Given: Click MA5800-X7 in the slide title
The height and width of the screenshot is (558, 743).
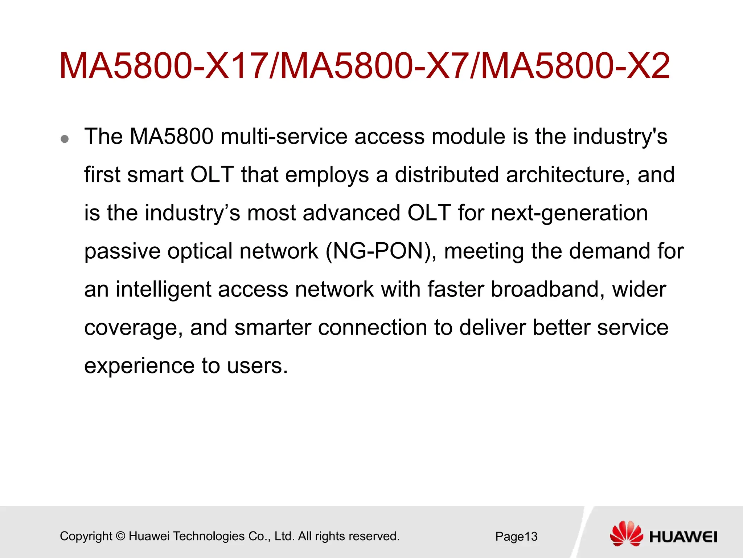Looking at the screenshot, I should (374, 66).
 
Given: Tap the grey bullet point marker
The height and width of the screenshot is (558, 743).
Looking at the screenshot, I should (65, 139).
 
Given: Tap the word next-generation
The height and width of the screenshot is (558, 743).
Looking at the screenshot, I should (569, 214).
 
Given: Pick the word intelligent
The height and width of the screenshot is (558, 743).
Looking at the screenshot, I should (163, 290).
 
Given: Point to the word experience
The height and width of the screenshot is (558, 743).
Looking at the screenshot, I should (139, 366).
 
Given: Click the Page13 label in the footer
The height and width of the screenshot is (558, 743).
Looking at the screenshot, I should (516, 537).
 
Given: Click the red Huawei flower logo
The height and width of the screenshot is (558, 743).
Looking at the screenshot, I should (626, 533).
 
